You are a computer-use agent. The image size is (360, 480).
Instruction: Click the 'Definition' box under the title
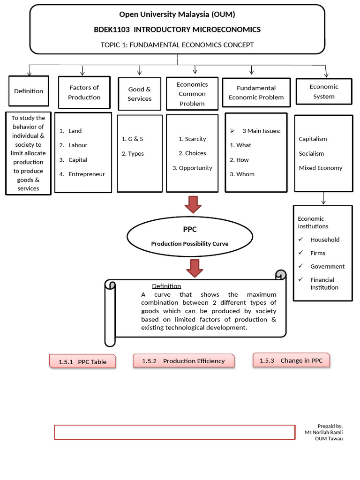click(x=29, y=91)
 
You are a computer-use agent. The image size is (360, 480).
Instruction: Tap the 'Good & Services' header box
click(x=140, y=94)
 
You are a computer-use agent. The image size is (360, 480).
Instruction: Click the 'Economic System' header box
click(x=324, y=91)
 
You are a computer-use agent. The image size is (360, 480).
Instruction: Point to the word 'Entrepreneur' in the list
click(x=86, y=174)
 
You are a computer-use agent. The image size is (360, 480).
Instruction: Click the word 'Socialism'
click(x=311, y=153)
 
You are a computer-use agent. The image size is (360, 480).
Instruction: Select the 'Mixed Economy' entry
click(x=321, y=168)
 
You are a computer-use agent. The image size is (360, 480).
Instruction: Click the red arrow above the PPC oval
click(x=192, y=204)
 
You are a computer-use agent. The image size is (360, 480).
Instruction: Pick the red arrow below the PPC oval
click(x=194, y=267)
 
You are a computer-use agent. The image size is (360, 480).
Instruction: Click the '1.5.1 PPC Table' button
click(x=82, y=361)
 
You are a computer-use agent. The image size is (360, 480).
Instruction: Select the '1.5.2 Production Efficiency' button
click(x=184, y=360)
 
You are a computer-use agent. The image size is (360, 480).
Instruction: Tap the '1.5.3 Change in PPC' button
click(x=292, y=360)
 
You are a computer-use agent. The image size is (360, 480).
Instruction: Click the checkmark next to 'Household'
click(x=300, y=240)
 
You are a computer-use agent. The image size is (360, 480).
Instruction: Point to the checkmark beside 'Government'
click(x=300, y=266)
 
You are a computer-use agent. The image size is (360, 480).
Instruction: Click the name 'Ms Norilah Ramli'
click(x=323, y=432)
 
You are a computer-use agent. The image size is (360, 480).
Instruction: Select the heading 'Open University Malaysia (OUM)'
click(x=177, y=14)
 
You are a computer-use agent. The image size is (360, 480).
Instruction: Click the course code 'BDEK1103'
click(x=112, y=30)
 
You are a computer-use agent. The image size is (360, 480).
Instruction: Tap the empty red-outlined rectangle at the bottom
click(x=174, y=432)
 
